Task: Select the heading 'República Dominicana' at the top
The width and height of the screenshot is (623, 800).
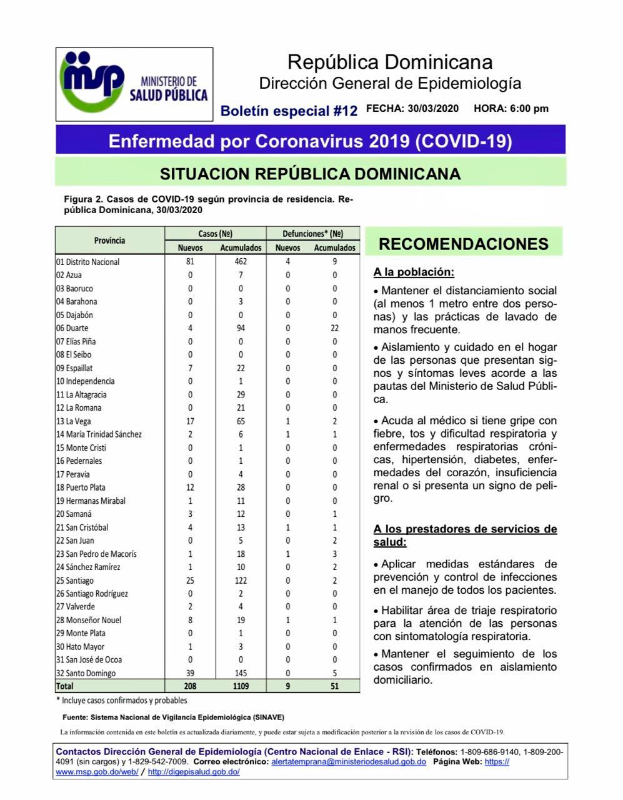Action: pos(389,62)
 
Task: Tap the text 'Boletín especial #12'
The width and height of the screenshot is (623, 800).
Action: pos(289,111)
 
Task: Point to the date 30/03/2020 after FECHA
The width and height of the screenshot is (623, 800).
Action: pos(433,108)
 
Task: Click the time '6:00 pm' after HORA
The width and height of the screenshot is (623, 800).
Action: pos(529,108)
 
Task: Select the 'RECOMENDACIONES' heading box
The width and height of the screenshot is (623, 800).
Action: pos(464,244)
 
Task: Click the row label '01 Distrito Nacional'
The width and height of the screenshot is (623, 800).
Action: pos(87,262)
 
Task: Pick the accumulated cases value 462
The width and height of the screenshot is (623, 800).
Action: pos(241,262)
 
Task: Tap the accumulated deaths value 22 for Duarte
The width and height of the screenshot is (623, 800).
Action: pos(334,328)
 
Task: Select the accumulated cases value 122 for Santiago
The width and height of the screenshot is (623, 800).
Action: pos(241,581)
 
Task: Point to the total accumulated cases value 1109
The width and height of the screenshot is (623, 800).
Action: pos(241,686)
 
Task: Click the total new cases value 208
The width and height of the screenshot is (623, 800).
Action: pos(190,686)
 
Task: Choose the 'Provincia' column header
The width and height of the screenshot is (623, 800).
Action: pos(109,241)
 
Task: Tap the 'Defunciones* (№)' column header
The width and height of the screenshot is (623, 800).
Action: pos(312,234)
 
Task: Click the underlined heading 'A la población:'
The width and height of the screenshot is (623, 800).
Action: pos(414,272)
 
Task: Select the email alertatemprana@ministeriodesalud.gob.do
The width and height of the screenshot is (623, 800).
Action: pos(349,762)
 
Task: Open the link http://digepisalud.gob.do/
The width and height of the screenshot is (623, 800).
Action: pos(194,772)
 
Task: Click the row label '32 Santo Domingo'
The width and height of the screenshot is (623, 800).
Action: pos(86,673)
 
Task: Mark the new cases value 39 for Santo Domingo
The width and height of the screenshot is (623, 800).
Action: pos(190,673)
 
